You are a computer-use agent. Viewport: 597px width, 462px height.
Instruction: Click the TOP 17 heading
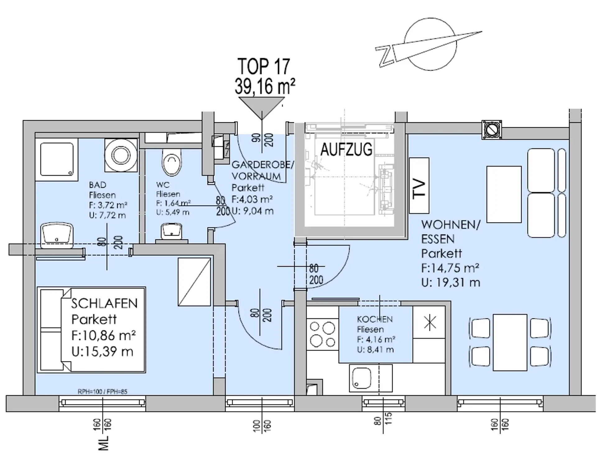pos(264,66)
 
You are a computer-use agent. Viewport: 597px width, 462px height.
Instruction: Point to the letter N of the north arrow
pos(386,56)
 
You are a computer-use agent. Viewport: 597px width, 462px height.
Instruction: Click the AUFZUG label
pos(346,149)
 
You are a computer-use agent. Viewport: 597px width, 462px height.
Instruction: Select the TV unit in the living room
pos(419,185)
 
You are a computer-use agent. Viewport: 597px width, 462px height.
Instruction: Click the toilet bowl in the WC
pos(171,161)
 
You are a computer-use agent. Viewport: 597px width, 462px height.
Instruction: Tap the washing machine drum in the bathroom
pos(121,155)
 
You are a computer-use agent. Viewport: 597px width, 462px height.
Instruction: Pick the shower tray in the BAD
pos(57,159)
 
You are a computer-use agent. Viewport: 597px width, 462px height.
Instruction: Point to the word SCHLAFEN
pos(104,303)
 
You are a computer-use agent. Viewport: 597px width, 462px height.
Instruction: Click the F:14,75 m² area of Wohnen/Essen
pos(450,268)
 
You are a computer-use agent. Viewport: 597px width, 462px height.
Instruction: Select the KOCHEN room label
pos(375,319)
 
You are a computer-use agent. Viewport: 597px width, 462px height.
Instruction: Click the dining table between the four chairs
pos(510,342)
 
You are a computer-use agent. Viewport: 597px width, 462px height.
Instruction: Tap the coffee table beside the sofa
pos(504,194)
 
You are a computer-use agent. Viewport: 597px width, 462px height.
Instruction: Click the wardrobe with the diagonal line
pos(194,282)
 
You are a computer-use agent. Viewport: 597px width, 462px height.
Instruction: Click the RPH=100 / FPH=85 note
pos(103,392)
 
